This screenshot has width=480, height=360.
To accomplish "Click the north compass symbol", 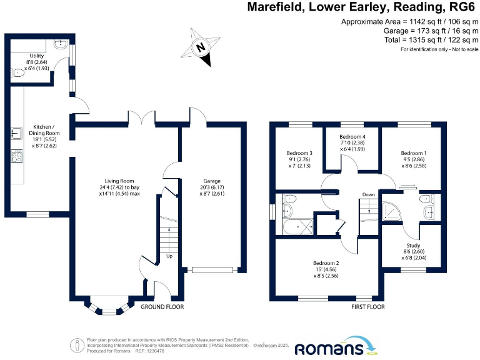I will [201, 47].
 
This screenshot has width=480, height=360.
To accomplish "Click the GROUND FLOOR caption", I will [162, 307].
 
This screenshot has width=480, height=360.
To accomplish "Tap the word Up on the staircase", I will [169, 256].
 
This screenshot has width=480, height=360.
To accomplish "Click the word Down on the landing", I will [369, 195].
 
